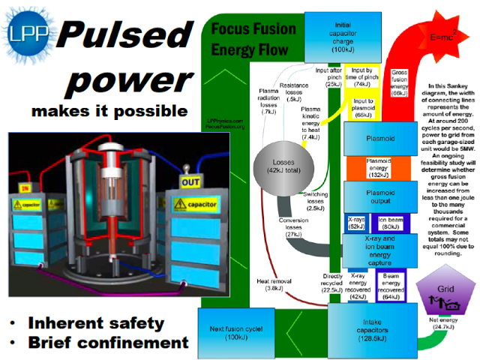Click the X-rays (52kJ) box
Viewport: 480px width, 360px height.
click(356, 223)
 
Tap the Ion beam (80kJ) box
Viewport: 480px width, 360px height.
click(391, 223)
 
